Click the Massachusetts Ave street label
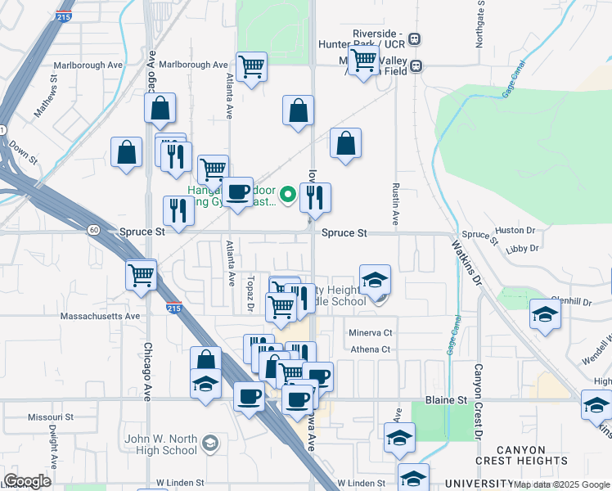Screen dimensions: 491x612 pyautogui.click(x=101, y=315)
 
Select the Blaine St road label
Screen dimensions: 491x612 pyautogui.click(x=445, y=399)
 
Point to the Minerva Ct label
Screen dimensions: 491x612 pyautogui.click(x=371, y=333)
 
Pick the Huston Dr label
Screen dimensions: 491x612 pyautogui.click(x=515, y=231)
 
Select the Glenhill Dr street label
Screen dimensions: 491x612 pyautogui.click(x=570, y=301)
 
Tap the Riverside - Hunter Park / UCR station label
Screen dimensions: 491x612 pyautogui.click(x=379, y=38)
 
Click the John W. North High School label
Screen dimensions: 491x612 pyautogui.click(x=161, y=444)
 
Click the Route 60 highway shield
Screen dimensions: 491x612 pyautogui.click(x=94, y=230)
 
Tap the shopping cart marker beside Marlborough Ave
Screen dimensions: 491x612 pyautogui.click(x=251, y=66)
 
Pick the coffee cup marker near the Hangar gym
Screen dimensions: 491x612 pyautogui.click(x=238, y=191)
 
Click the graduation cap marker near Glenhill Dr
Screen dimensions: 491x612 pyautogui.click(x=544, y=314)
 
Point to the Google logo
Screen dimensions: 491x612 pyautogui.click(x=27, y=481)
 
